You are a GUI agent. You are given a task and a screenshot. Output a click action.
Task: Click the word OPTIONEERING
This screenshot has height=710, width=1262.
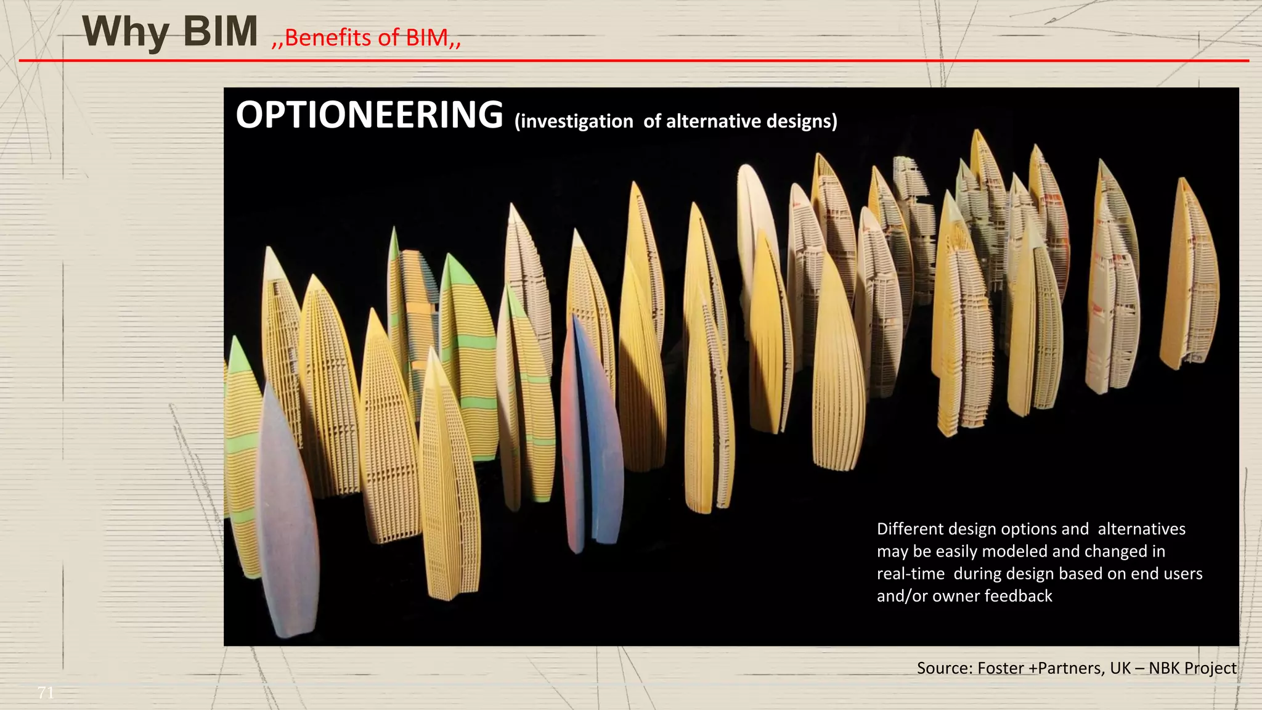[369, 115]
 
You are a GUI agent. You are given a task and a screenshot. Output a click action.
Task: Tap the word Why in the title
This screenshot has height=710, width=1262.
[126, 32]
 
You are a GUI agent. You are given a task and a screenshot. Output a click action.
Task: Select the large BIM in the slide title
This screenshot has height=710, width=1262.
[221, 32]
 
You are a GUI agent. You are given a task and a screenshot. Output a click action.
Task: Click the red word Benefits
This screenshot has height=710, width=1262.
[328, 38]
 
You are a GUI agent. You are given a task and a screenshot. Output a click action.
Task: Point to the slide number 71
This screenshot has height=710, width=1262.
[46, 693]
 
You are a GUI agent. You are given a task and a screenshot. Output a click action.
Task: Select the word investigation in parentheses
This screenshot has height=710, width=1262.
[574, 121]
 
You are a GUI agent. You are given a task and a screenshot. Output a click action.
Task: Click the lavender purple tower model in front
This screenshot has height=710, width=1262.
[286, 512]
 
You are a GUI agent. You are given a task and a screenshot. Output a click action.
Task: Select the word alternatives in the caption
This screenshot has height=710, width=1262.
[1141, 529]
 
